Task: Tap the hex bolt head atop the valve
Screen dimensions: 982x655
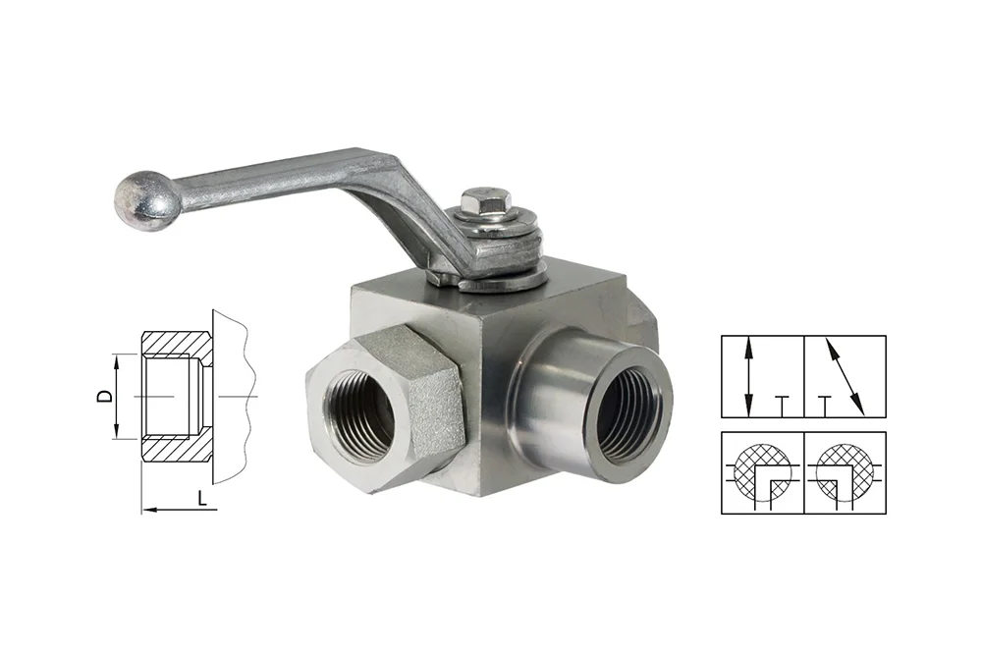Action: tap(480, 200)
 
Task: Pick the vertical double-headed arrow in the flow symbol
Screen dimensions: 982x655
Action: tap(747, 376)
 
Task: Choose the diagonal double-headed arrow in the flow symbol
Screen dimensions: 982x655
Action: tap(845, 376)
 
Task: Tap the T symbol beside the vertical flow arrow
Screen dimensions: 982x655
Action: tap(781, 406)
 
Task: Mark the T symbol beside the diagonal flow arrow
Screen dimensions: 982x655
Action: tap(826, 406)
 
